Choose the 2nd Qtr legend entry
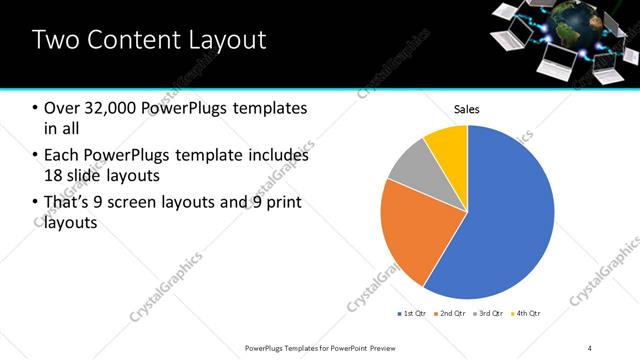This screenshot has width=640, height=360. click(x=449, y=314)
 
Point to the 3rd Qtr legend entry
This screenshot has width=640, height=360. click(x=488, y=314)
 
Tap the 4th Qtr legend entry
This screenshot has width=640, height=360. click(x=526, y=314)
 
